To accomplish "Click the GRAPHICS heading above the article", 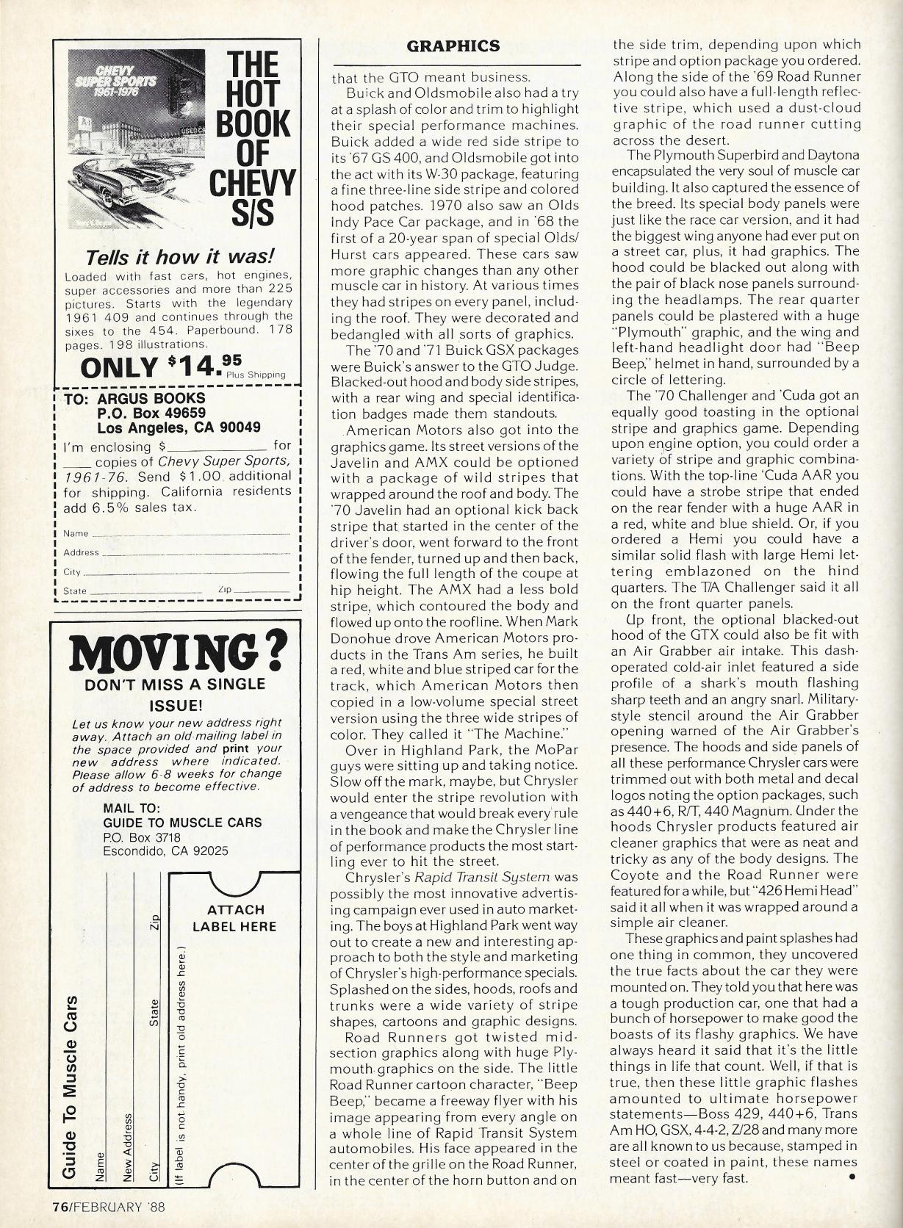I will pos(453,46).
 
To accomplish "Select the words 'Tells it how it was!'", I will pos(180,257).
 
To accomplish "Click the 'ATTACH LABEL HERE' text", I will pos(234,918).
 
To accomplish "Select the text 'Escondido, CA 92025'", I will pos(165,851).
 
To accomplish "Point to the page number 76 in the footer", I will pos(60,1205).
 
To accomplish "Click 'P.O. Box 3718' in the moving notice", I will pos(142,837).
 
